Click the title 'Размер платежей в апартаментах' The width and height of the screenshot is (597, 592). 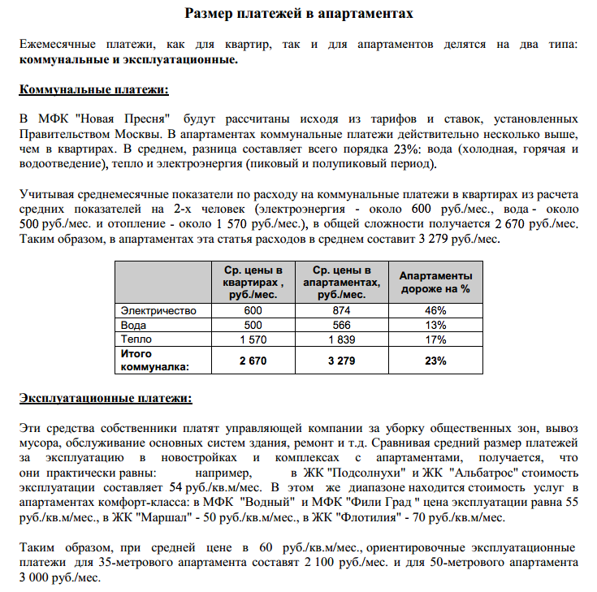(298, 14)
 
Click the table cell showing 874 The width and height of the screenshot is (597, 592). (341, 310)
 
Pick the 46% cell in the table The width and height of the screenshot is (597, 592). (435, 310)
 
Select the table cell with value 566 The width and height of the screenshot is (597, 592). (341, 324)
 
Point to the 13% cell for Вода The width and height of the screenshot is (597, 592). (435, 324)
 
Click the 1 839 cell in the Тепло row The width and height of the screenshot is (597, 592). (341, 339)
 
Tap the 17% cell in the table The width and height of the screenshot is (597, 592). (435, 339)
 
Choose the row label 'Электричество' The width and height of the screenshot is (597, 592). (158, 310)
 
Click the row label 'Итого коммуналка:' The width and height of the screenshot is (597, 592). (154, 360)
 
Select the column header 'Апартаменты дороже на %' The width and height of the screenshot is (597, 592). (435, 282)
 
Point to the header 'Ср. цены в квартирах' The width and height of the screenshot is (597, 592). (253, 282)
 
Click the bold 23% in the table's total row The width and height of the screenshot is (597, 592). (435, 360)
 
